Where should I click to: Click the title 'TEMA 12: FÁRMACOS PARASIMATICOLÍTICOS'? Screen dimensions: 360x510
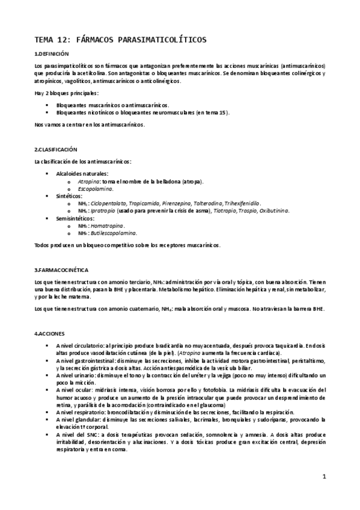[x=120, y=40]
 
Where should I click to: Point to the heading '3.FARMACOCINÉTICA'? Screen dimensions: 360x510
[x=62, y=269]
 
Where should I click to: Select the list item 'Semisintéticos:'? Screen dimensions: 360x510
[x=75, y=218]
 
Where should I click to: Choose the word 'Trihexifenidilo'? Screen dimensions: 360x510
[x=239, y=203]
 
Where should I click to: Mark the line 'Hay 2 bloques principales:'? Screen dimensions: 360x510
[x=66, y=93]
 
